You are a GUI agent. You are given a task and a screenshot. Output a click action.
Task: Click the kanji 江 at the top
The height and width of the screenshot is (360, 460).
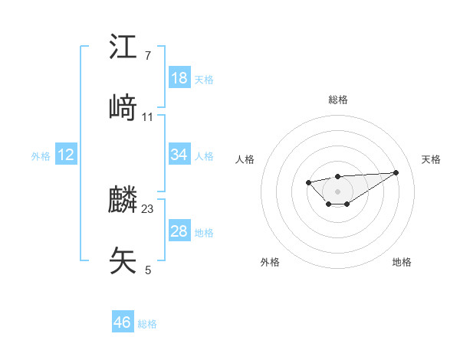(123, 47)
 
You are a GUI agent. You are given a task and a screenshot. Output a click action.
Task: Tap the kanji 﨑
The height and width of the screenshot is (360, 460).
(123, 108)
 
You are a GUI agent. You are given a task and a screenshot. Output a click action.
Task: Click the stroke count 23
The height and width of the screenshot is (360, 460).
(148, 208)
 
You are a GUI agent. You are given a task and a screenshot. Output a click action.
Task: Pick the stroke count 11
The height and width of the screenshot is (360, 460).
(148, 116)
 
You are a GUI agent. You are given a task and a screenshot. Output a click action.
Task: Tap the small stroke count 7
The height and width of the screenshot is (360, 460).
(148, 56)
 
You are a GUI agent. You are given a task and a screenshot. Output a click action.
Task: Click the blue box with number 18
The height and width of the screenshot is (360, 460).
(179, 78)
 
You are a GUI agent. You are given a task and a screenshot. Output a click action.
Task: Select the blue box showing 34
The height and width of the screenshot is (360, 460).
(179, 155)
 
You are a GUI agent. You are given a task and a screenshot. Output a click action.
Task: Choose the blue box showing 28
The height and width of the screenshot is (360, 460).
(179, 231)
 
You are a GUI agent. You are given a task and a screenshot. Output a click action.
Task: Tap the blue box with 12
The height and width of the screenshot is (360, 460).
(66, 155)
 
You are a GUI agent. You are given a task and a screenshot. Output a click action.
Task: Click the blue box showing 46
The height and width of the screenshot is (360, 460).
(123, 322)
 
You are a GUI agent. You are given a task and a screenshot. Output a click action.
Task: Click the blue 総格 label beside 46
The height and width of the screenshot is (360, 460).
(147, 324)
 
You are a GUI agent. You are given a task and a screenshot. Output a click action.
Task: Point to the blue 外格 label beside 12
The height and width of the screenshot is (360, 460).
(41, 156)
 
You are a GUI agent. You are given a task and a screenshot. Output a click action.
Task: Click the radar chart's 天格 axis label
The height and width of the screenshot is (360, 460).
(432, 159)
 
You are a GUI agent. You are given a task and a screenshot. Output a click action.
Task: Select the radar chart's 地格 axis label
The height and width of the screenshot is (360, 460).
(402, 262)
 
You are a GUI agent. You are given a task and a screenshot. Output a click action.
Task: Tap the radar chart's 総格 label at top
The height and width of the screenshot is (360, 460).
(338, 100)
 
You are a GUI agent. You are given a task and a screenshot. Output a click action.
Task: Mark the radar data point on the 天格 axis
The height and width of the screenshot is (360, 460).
(396, 172)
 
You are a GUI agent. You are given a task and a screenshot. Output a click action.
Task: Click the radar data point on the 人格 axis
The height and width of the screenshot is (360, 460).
(307, 182)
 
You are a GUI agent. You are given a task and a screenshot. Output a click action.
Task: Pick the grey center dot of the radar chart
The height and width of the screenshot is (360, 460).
(338, 191)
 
